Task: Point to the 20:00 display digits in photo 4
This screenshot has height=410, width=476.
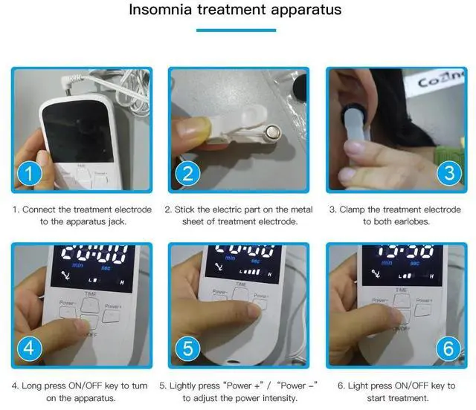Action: click(92, 253)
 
